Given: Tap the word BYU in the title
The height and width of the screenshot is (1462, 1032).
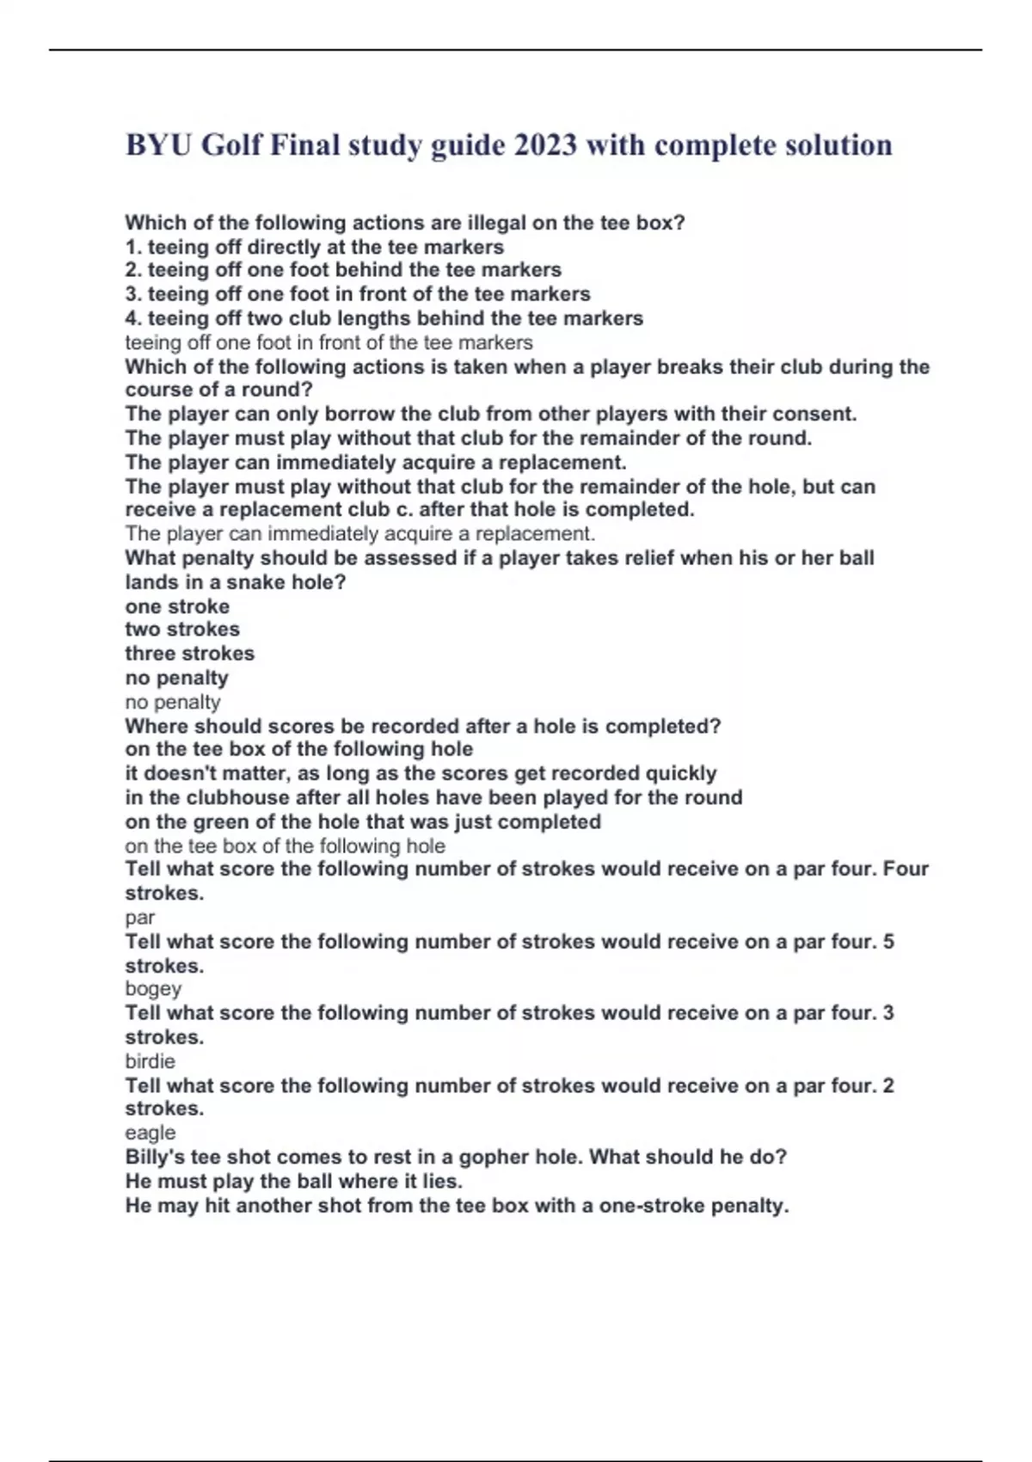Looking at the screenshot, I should coord(159,144).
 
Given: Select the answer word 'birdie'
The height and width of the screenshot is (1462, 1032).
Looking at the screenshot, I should coord(150,1061).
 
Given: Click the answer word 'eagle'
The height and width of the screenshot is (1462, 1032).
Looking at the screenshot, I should coord(150,1133).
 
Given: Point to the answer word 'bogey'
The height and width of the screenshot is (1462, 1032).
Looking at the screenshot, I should coord(153,989).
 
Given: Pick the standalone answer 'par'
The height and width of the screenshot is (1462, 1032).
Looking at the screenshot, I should coord(140,918).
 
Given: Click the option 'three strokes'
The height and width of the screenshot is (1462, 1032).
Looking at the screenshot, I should coord(190,654).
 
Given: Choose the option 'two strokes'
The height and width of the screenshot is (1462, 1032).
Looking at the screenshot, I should coord(182,630).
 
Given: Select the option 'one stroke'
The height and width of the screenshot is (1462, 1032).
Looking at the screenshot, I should coord(177,606).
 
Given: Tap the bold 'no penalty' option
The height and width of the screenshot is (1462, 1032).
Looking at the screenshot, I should coord(177,678).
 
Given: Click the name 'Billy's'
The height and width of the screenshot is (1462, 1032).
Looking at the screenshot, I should coord(155,1157).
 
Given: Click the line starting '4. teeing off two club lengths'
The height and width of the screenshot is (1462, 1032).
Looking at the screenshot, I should coord(384,318).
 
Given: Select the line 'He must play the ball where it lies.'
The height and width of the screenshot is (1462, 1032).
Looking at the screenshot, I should coord(294,1181).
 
